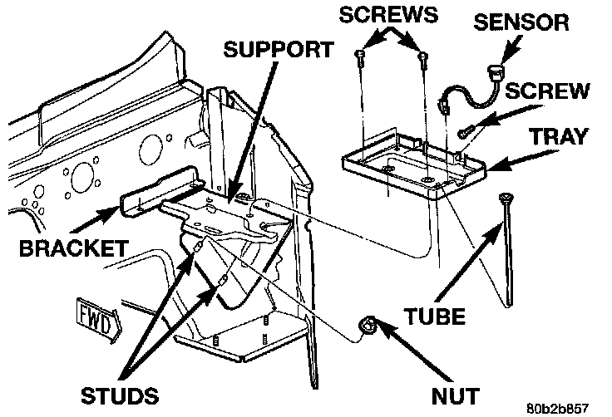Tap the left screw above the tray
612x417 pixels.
[360, 56]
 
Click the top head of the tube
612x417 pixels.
[505, 198]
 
